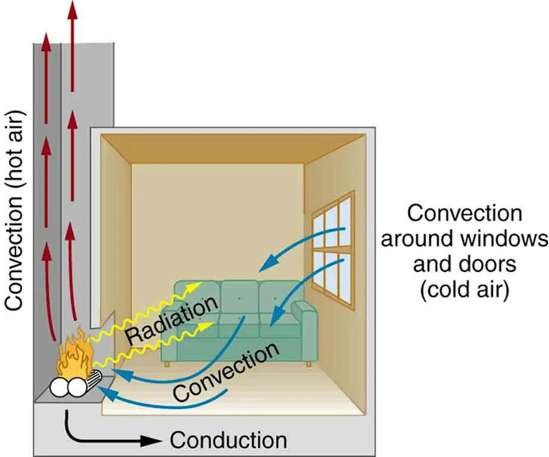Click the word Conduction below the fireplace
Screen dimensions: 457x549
[x=228, y=440]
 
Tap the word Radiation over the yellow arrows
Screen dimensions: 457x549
[x=171, y=320]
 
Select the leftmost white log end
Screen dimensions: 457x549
[x=59, y=388]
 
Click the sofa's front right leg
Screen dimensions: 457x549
[x=309, y=363]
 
